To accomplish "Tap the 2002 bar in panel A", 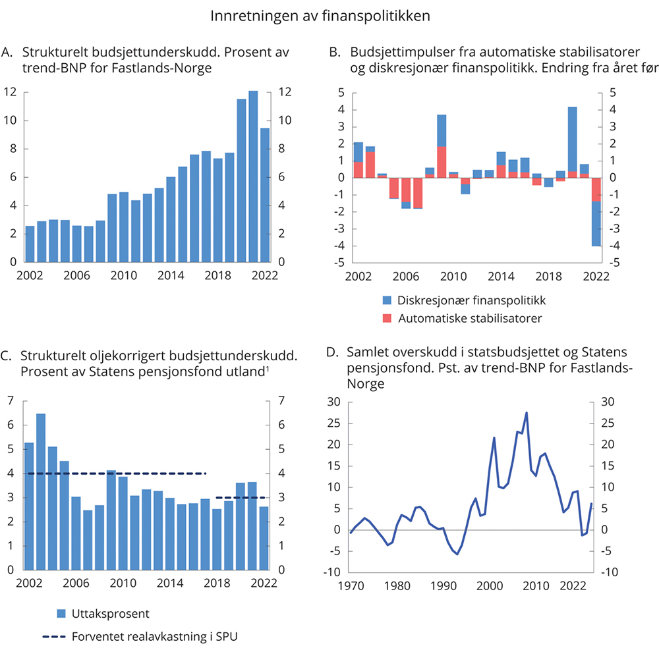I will coord(30,244).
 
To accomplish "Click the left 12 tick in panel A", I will coord(10,92).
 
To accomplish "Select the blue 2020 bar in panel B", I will coord(573,139).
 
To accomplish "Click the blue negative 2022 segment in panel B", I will coord(596,223).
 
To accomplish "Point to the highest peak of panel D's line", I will coord(527,413).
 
